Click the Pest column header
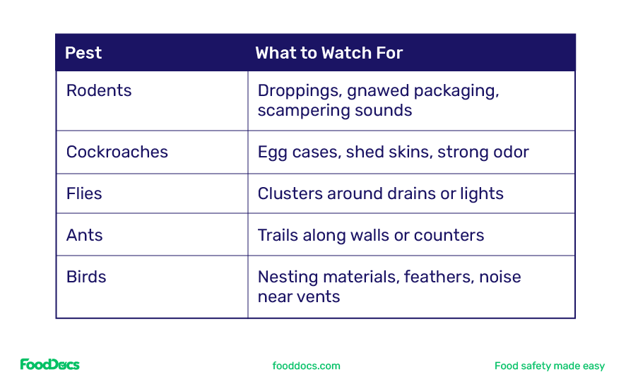83,53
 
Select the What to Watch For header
329,53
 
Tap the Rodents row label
99,91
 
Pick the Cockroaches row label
117,152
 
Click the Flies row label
84,194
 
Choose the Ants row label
85,235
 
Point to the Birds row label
86,277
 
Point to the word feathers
438,277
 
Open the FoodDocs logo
49,365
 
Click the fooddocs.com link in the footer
306,366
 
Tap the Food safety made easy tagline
550,366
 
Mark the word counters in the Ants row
449,235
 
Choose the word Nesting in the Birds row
285,277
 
